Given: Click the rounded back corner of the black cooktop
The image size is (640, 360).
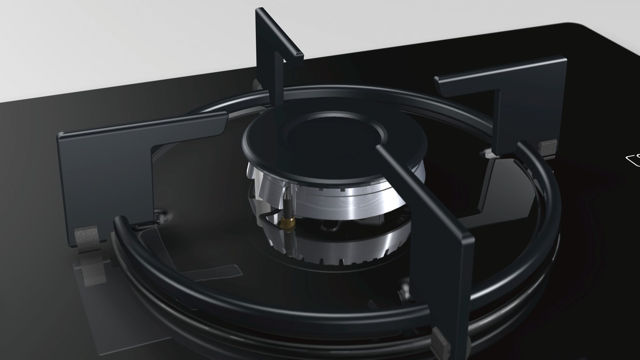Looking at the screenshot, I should (x=573, y=26).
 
